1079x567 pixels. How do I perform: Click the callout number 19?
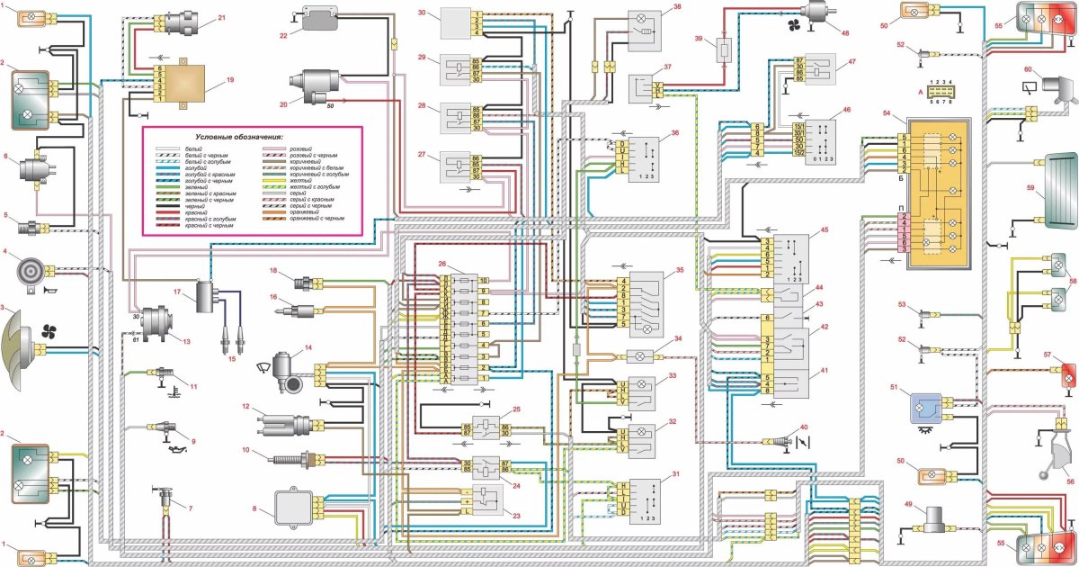tap(229, 80)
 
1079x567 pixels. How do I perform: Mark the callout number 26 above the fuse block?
tap(442, 263)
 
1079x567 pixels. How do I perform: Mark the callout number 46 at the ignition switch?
tap(845, 110)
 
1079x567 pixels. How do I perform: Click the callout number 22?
tap(282, 35)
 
